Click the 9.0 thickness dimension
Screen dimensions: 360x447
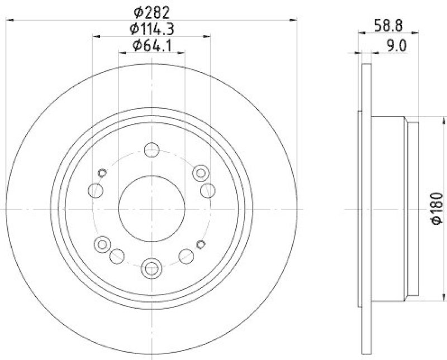395,46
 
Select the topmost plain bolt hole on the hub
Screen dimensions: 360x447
151,150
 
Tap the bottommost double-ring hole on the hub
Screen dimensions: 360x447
151,268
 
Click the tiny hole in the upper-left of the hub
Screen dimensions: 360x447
102,172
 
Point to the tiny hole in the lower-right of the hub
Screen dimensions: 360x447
201,243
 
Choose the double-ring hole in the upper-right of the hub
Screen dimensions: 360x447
201,173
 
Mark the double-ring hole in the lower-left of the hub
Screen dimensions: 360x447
102,243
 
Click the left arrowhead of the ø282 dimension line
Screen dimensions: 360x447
9,20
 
